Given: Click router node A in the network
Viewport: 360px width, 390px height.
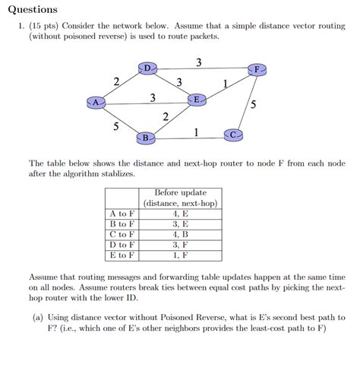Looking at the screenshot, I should (x=96, y=101).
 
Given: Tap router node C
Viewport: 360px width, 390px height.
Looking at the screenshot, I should (x=234, y=135).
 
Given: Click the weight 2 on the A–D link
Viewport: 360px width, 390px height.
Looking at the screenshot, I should (x=115, y=81).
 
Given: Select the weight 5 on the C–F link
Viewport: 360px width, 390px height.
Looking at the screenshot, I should (x=253, y=104).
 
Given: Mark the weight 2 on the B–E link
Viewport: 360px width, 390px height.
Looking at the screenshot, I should (x=166, y=116).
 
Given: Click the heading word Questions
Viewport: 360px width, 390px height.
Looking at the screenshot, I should (x=31, y=10).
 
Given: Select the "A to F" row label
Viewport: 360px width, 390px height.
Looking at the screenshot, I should (x=122, y=214).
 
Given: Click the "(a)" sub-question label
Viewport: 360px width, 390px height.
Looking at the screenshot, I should (x=38, y=317).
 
